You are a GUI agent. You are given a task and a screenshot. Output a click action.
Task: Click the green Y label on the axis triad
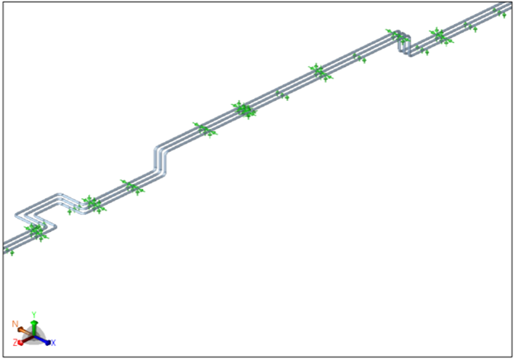34,315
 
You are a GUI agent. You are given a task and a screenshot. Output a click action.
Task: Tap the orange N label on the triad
15,324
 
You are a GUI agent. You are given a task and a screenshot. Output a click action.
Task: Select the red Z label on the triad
15,343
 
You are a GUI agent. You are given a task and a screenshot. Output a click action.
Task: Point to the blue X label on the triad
53,343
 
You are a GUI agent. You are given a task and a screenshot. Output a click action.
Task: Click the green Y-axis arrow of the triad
34,328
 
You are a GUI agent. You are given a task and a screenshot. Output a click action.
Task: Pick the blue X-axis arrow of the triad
42,340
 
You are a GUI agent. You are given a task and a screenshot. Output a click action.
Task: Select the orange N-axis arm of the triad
25,332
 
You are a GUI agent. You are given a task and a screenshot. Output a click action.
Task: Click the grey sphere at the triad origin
34,336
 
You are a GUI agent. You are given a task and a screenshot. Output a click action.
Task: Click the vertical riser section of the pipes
160,161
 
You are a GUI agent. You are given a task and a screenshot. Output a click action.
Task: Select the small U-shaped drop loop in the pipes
404,44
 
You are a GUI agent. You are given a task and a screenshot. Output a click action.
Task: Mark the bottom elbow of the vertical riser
160,173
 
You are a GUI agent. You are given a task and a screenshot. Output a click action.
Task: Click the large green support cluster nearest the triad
36,231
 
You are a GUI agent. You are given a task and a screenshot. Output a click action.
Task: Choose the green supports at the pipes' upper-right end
500,13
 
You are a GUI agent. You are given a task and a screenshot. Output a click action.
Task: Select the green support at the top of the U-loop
393,33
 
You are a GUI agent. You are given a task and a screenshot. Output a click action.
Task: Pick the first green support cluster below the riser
132,187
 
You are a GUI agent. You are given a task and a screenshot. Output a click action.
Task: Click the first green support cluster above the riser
205,130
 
